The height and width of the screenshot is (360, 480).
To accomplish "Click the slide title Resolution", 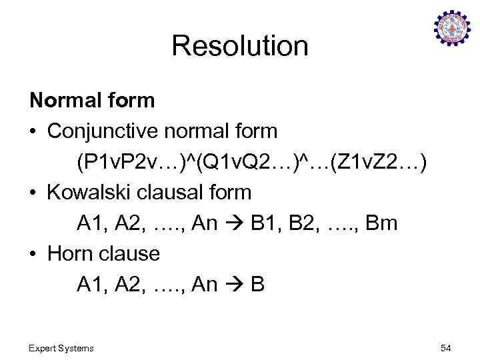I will coord(240,46).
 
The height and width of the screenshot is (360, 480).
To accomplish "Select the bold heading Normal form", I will coord(92,101).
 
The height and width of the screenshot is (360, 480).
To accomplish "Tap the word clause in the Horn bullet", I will coord(127,253).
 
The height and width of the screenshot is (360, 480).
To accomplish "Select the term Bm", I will coord(382,223).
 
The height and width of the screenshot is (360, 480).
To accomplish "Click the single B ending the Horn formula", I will coord(258,284).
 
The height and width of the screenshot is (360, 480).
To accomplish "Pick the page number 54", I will coord(445,348).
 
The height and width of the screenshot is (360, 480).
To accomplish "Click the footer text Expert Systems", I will coord(61,348).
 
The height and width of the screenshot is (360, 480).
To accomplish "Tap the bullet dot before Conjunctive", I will coord(34,131).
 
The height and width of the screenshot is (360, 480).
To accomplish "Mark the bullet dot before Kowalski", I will coord(34,193).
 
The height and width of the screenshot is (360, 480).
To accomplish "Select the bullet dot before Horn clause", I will coord(34,254).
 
